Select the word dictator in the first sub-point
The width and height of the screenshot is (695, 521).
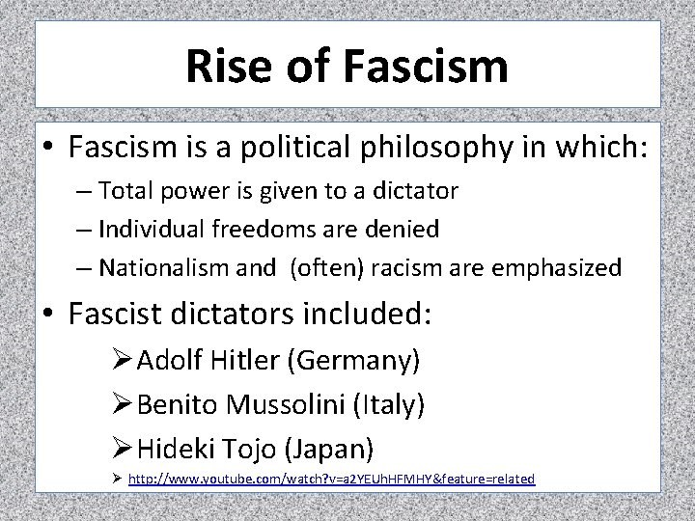point(417,191)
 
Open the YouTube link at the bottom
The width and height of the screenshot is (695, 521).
point(331,479)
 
